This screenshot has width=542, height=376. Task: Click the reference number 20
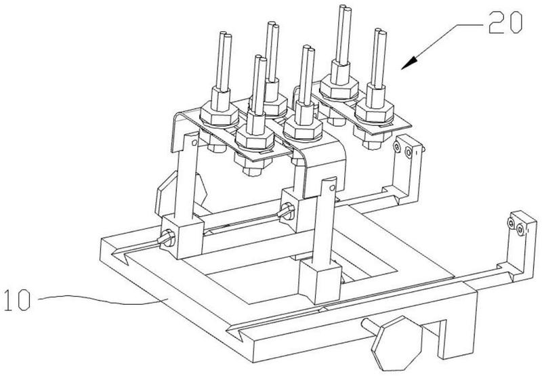pyautogui.click(x=505, y=22)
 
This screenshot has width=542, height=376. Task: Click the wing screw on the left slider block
pyautogui.click(x=167, y=238)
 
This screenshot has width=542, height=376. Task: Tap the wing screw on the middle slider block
pyautogui.click(x=287, y=211)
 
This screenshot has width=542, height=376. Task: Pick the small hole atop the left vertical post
pyautogui.click(x=194, y=142)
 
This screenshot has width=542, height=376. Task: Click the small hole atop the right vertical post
pyautogui.click(x=332, y=188)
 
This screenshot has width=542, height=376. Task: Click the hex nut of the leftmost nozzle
pyautogui.click(x=219, y=113)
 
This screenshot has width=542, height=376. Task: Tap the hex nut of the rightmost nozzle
pyautogui.click(x=375, y=110)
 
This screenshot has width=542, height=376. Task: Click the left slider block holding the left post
pyautogui.click(x=182, y=236)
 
